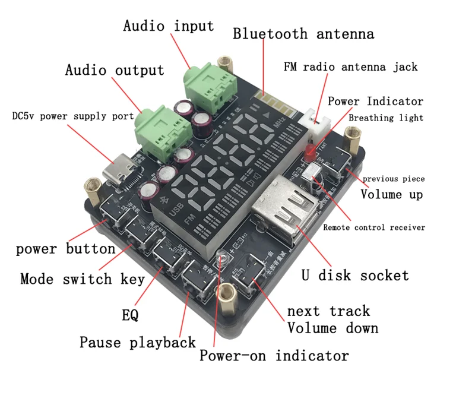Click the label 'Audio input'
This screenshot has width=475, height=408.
[169, 26]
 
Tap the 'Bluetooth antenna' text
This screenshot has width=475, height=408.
[303, 33]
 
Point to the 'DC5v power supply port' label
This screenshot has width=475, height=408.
[73, 116]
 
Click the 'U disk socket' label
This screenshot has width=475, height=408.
[355, 276]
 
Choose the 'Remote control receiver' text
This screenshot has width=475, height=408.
[374, 227]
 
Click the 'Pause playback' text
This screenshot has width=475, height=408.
[138, 343]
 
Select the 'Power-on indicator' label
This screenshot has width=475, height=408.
[274, 356]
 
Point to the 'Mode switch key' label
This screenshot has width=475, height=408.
[83, 279]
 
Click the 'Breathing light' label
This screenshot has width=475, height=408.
[386, 118]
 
